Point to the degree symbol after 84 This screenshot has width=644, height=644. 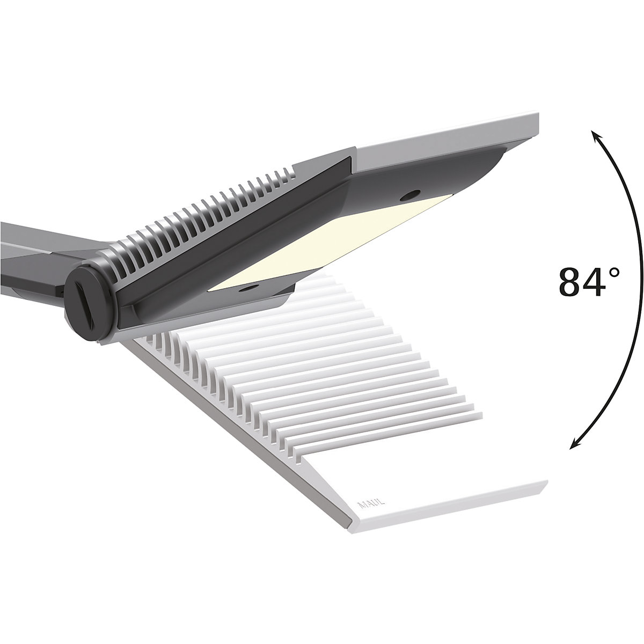pos(614,272)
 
